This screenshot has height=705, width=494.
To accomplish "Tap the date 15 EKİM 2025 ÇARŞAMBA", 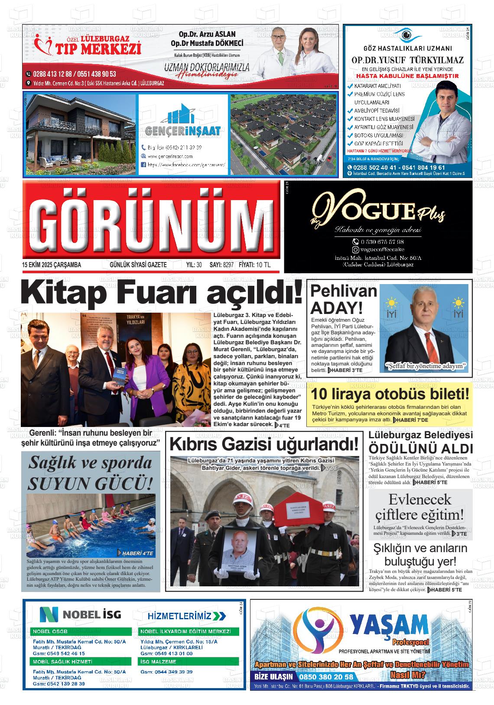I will coord(52,265).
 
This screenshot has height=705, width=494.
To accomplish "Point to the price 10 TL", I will coord(263,265).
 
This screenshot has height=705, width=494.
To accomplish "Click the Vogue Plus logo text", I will coord(377,212).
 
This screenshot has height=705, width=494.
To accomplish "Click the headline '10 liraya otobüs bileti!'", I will coord(390,395).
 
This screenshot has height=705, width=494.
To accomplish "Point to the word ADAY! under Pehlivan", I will coord(337,308).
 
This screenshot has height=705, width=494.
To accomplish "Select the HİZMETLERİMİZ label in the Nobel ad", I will coord(186,616).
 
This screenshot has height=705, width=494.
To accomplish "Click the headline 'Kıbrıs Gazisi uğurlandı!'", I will coord(264,444).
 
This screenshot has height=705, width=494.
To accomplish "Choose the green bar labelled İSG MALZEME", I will coord(188,662).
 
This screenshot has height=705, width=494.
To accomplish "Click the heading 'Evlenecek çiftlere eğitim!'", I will coord(419,507).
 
